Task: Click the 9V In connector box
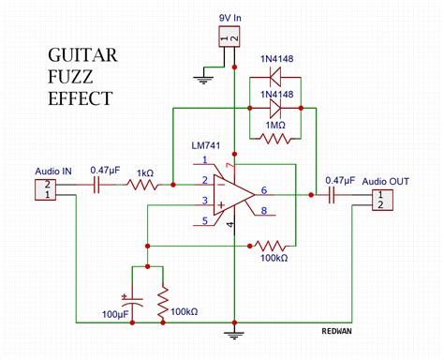(229, 37)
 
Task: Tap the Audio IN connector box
(45, 189)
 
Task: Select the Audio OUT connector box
(382, 200)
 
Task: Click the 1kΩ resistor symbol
(143, 185)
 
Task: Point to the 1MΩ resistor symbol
(275, 138)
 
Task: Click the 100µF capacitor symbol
(132, 300)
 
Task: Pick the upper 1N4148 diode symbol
(275, 78)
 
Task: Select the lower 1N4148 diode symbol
(275, 108)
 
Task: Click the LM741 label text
(206, 145)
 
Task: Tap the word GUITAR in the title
(82, 55)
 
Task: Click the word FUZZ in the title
(70, 77)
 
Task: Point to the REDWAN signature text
(336, 331)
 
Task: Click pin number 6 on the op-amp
(264, 190)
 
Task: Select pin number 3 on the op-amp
(205, 201)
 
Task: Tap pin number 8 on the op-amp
(264, 211)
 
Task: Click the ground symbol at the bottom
(234, 336)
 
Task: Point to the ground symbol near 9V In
(203, 81)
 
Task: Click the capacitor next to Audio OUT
(332, 195)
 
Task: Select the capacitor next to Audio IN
(96, 185)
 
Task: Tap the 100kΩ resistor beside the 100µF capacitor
(163, 301)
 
